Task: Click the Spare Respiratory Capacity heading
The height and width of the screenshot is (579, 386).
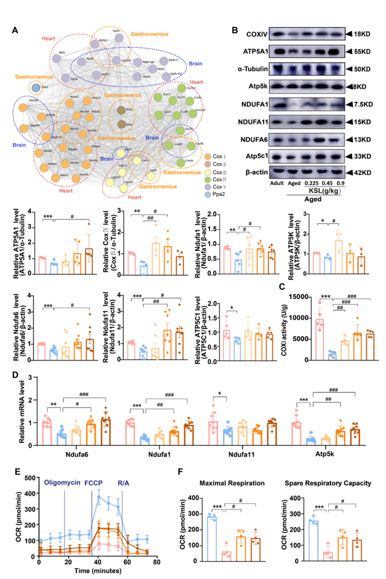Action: (x=330, y=479)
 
